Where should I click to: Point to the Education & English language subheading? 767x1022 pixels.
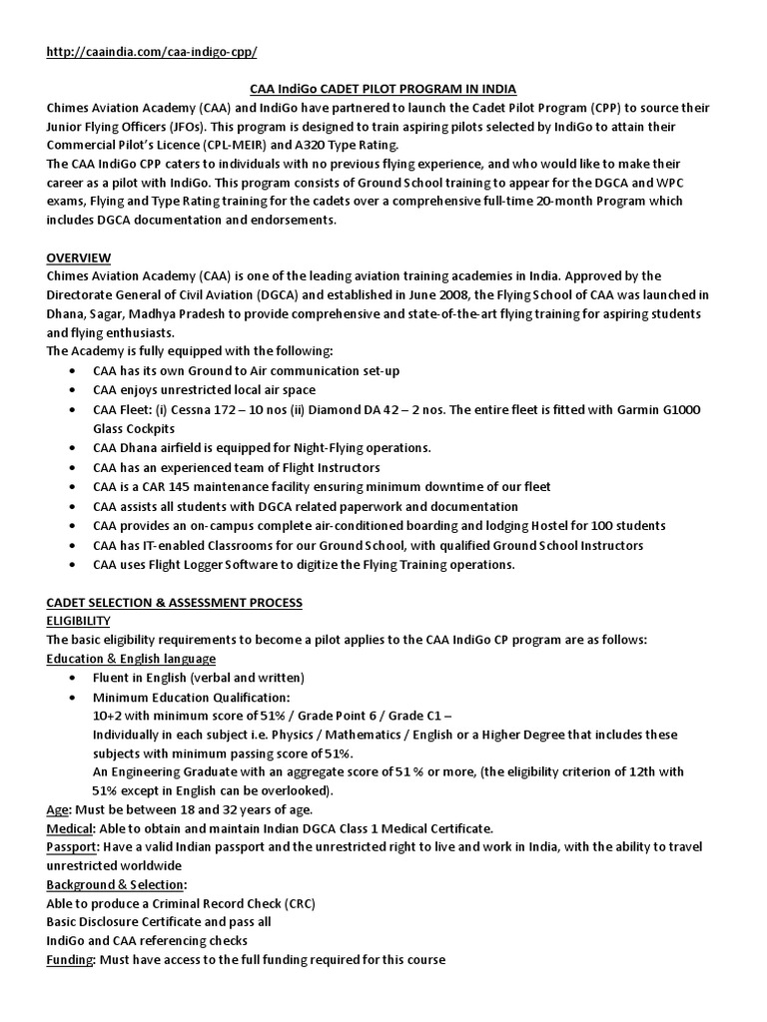[x=131, y=659]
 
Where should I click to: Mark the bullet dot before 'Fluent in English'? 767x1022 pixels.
[x=77, y=678]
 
